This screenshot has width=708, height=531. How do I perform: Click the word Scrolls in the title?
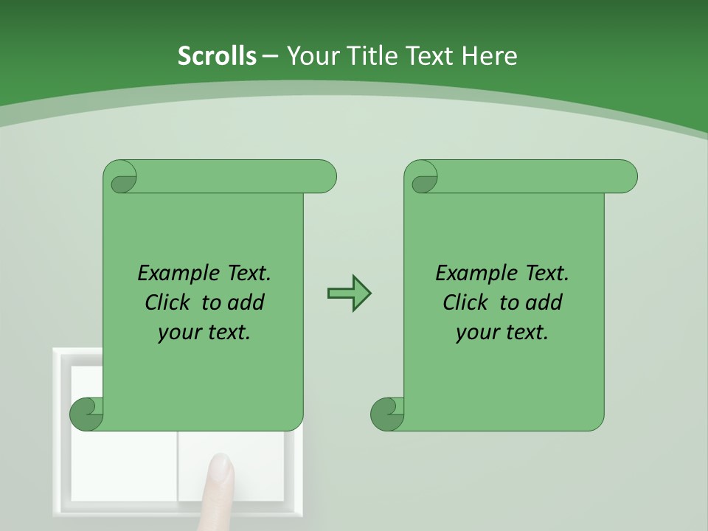(x=217, y=55)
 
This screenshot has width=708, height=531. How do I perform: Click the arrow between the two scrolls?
(x=349, y=294)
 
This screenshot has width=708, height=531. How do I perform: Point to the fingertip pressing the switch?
(x=221, y=468)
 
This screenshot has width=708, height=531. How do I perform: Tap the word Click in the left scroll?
(x=169, y=302)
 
